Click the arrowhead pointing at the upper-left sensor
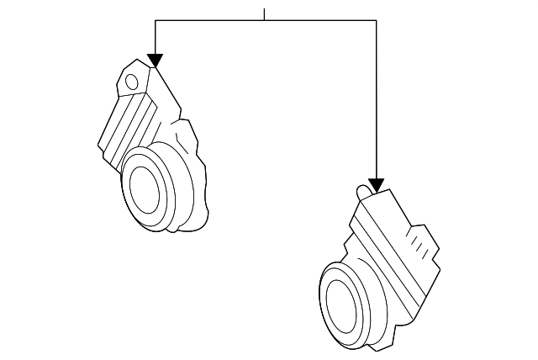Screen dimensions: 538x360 click(156, 60)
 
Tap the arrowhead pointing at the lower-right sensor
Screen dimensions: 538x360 click(376, 184)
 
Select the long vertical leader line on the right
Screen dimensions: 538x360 click(376, 101)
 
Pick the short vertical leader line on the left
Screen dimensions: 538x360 click(156, 37)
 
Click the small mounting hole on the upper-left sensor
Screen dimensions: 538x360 click(131, 81)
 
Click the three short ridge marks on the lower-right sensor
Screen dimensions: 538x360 click(418, 244)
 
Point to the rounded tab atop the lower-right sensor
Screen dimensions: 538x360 click(363, 192)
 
